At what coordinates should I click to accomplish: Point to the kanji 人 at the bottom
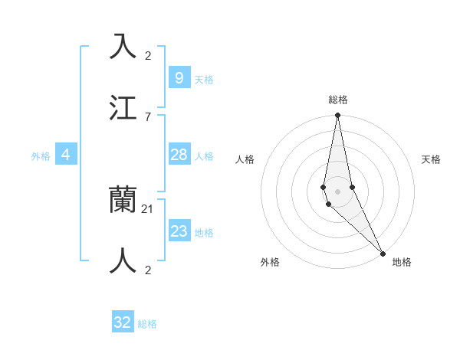tap(123, 260)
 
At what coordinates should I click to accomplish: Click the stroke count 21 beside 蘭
tap(148, 208)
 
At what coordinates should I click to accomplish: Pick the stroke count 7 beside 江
tap(148, 116)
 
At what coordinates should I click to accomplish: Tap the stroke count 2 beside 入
tap(148, 55)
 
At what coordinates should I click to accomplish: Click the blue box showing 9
tap(179, 77)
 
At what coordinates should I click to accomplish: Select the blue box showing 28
tap(179, 155)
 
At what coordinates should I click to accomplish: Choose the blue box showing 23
tap(179, 231)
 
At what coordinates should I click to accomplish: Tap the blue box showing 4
tap(65, 155)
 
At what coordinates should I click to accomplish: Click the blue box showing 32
tap(123, 322)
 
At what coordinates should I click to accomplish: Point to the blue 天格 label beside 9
tap(204, 79)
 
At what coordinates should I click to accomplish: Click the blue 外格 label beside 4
tap(41, 156)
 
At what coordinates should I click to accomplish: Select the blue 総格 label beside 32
tap(147, 324)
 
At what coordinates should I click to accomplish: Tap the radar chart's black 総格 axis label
tap(338, 100)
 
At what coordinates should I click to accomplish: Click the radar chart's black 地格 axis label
tap(402, 263)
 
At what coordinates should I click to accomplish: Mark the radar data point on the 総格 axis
tap(338, 116)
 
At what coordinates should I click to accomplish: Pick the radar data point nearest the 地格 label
tap(383, 252)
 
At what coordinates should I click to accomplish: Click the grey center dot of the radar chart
tap(338, 191)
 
